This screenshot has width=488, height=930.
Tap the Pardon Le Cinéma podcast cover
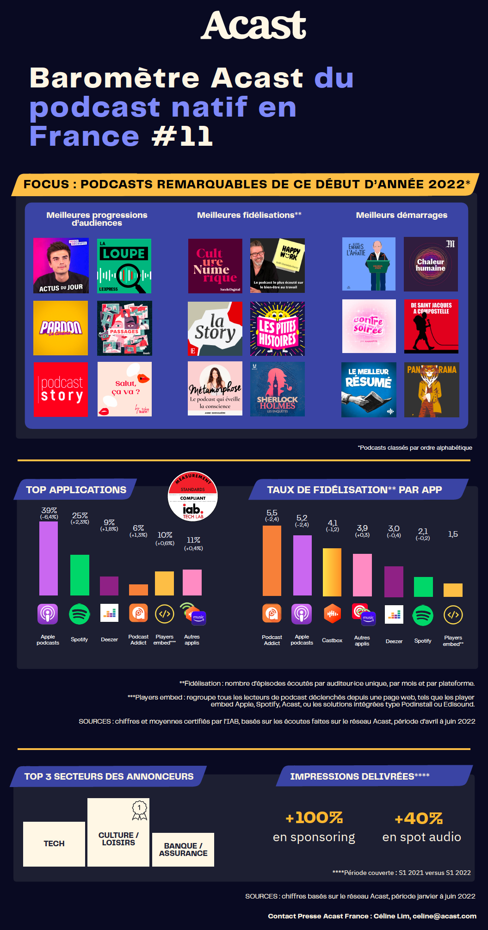(61, 328)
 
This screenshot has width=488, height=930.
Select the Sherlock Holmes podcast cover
(278, 389)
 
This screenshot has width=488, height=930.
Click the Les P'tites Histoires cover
(278, 329)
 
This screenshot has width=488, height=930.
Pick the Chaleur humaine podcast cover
(431, 264)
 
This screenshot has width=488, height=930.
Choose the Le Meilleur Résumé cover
(369, 390)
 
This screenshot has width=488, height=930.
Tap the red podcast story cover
(61, 390)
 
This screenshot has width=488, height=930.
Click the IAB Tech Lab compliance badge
(193, 496)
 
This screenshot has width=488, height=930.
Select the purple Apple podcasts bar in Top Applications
(49, 558)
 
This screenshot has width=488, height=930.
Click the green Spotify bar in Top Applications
(80, 575)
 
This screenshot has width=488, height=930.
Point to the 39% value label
(49, 510)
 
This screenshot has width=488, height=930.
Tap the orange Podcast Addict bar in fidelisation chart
(272, 560)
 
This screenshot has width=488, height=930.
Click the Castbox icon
(332, 614)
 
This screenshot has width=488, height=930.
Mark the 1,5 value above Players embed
(453, 534)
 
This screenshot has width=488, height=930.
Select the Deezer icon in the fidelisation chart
(394, 614)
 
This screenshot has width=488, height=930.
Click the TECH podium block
(54, 843)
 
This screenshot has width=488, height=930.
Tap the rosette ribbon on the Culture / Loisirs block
(139, 810)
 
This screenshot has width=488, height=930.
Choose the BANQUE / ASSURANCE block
(183, 849)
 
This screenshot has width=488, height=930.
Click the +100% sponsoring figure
(314, 818)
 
